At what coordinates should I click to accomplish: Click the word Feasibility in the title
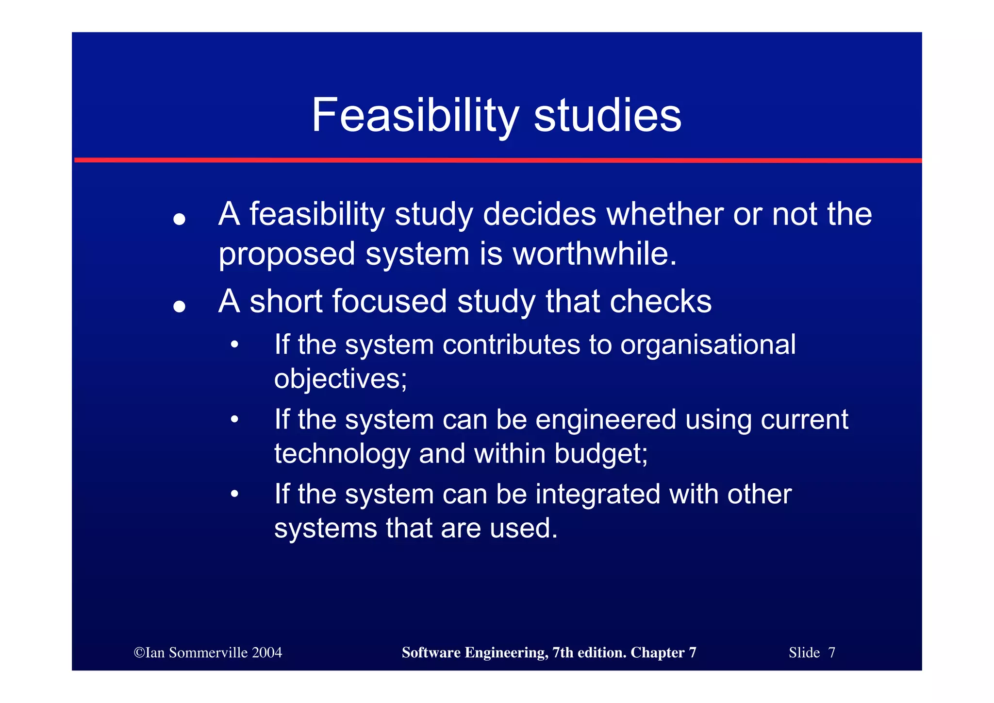[415, 116]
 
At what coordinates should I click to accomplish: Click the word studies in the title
[608, 116]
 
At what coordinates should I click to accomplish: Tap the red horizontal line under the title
[497, 160]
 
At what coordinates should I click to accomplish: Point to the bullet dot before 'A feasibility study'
[180, 219]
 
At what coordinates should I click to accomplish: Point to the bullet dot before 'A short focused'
[180, 306]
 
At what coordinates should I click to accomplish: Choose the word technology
[342, 454]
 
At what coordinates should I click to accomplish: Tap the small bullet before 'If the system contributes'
[235, 344]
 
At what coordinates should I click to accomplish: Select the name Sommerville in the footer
[207, 652]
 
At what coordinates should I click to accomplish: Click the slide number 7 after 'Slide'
[831, 652]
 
